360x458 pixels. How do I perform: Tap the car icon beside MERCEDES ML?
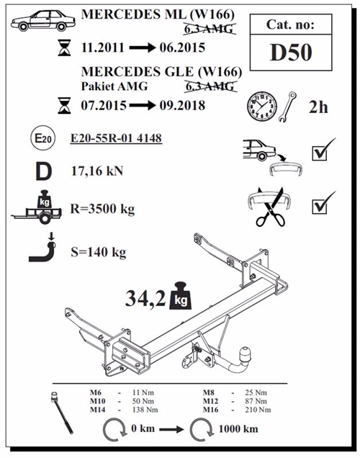point(41,21)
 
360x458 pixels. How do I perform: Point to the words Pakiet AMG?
point(114,87)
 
